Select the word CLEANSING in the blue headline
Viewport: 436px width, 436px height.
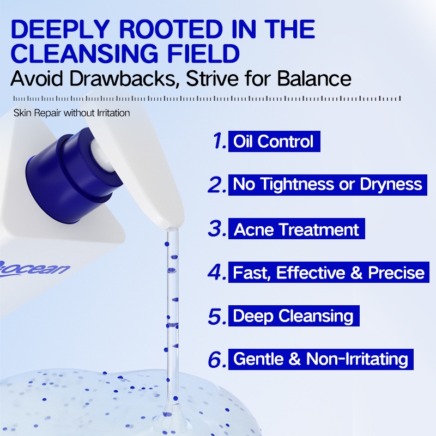84,53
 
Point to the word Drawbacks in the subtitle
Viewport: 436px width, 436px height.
124,78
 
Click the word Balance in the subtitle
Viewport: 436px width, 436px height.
314,78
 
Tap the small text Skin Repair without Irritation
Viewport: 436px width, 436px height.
72,113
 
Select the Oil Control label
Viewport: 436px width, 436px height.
274,141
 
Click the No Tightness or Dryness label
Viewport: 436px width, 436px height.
328,185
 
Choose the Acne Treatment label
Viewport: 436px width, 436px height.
296,228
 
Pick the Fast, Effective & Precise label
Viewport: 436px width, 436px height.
329,272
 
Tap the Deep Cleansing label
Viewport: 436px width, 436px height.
294,316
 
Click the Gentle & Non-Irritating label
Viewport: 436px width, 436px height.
321,359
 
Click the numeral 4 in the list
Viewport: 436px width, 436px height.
217,272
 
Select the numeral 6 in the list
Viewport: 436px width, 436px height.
217,360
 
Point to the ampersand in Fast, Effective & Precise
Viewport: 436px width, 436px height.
356,272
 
